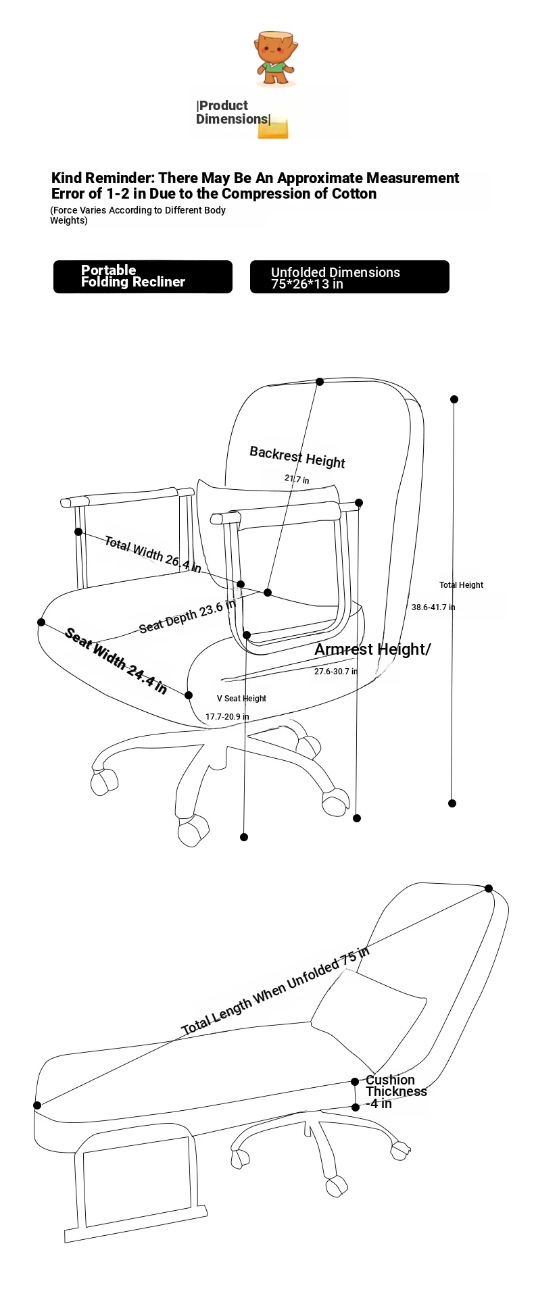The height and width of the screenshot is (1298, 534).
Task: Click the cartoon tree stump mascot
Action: click(x=275, y=58)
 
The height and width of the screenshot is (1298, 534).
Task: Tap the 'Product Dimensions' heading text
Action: click(x=233, y=112)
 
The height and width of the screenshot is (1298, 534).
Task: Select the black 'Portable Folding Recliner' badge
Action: click(x=143, y=276)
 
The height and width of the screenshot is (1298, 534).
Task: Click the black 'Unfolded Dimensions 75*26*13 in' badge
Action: click(x=349, y=276)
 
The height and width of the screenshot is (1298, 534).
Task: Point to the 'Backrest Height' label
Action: click(x=297, y=457)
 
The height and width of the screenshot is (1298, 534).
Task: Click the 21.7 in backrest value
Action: click(x=297, y=479)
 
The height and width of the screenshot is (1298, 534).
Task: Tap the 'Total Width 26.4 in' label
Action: click(x=153, y=554)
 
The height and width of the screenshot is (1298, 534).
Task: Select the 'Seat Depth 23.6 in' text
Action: click(x=187, y=616)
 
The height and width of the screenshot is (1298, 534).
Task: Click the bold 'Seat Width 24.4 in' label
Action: click(x=116, y=661)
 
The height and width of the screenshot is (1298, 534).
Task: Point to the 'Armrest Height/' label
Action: click(x=372, y=649)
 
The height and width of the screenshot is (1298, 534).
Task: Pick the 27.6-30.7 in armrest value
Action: click(x=336, y=671)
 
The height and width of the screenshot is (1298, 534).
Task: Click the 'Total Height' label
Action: click(x=461, y=585)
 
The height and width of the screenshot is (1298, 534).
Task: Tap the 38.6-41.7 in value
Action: click(x=433, y=607)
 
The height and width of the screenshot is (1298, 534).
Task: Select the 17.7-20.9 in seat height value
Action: click(x=227, y=716)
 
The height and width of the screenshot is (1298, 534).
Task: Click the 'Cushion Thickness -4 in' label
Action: click(x=396, y=1091)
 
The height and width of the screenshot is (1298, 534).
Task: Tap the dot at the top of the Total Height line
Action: click(x=454, y=399)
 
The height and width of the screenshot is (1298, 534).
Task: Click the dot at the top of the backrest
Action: click(x=320, y=382)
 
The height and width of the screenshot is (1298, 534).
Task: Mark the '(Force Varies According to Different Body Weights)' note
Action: click(x=138, y=215)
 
